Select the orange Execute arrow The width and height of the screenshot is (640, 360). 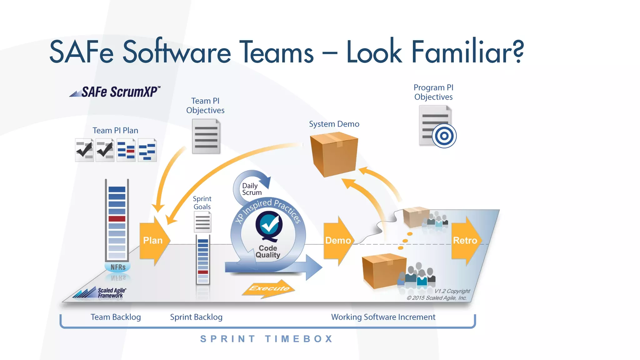[x=269, y=288]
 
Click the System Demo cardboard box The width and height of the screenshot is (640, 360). [x=334, y=154]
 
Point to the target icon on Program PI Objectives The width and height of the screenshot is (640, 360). [x=444, y=136]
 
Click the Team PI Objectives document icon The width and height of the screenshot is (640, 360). [x=206, y=137]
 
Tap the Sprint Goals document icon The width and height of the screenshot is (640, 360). [x=202, y=222]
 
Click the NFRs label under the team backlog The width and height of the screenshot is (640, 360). [x=118, y=267]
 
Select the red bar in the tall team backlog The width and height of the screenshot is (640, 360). [x=117, y=219]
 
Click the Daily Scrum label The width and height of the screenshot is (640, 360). [x=251, y=189]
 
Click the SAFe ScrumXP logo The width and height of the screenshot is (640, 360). [x=116, y=92]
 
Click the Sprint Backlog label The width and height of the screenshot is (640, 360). [x=196, y=317]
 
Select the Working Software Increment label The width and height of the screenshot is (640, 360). [x=383, y=317]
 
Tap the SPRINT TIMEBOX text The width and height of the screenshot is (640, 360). [x=267, y=339]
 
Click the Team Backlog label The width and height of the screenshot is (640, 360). [x=116, y=317]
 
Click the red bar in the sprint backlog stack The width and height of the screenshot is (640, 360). [x=203, y=272]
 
